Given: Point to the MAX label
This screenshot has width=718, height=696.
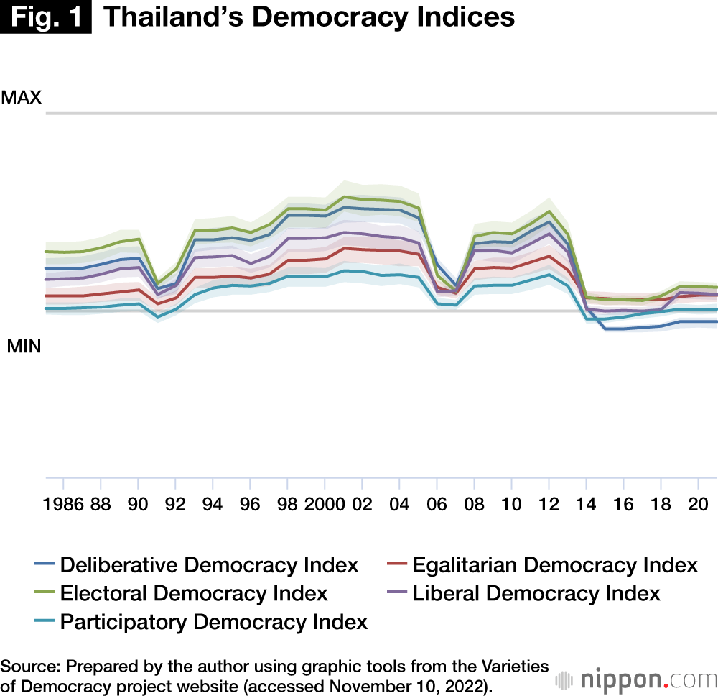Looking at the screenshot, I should point(22,98).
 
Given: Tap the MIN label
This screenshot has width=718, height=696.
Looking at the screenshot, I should point(24,347).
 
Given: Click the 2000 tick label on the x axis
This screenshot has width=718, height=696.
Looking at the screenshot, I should point(325,503).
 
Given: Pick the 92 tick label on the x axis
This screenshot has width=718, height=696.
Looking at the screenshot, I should point(175,503).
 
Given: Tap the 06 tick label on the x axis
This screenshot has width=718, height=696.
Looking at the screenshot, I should point(437,503).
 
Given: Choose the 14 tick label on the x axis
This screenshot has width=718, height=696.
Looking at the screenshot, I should point(586,503).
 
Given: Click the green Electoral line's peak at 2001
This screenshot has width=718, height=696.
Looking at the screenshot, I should point(345,196).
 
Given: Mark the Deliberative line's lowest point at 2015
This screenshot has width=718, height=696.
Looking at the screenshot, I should point(607,329).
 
